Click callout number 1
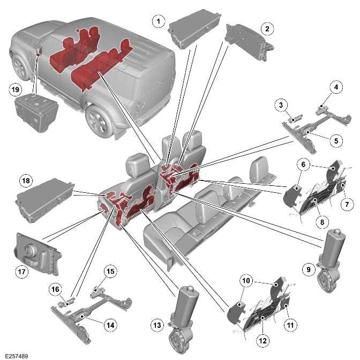pos(157,21)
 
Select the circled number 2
pos(266,28)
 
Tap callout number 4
pos(336,86)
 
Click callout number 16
pos(55,289)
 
